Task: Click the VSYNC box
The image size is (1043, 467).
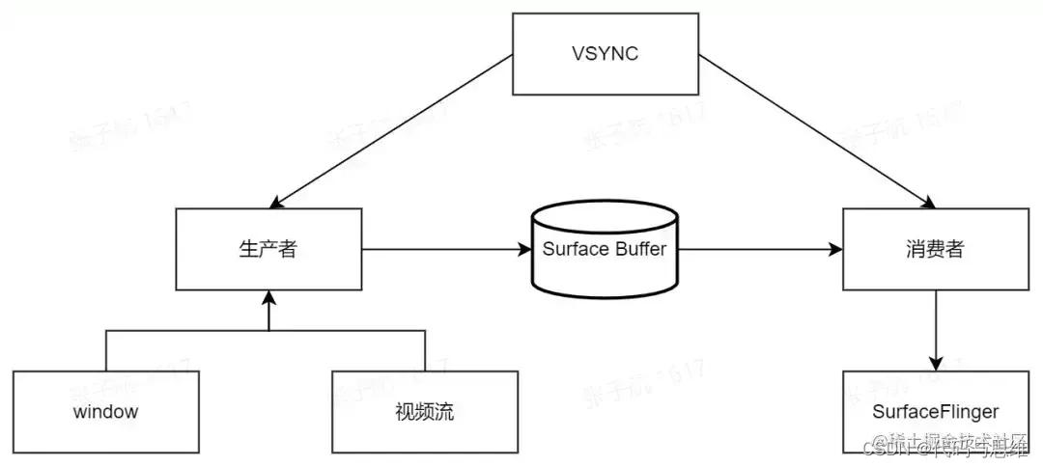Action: [605, 53]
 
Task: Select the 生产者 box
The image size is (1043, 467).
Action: [268, 250]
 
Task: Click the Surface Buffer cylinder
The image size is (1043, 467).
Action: [603, 249]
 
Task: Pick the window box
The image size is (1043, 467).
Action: [105, 412]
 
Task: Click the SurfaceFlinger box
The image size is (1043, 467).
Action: [935, 412]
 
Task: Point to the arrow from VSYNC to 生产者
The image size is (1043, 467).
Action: [391, 130]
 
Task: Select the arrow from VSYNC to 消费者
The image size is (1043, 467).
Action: [816, 130]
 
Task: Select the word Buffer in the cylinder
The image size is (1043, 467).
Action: [637, 249]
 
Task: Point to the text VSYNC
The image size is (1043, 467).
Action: [605, 53]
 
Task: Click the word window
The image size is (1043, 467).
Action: [105, 412]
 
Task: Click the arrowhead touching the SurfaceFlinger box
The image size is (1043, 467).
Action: [936, 363]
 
